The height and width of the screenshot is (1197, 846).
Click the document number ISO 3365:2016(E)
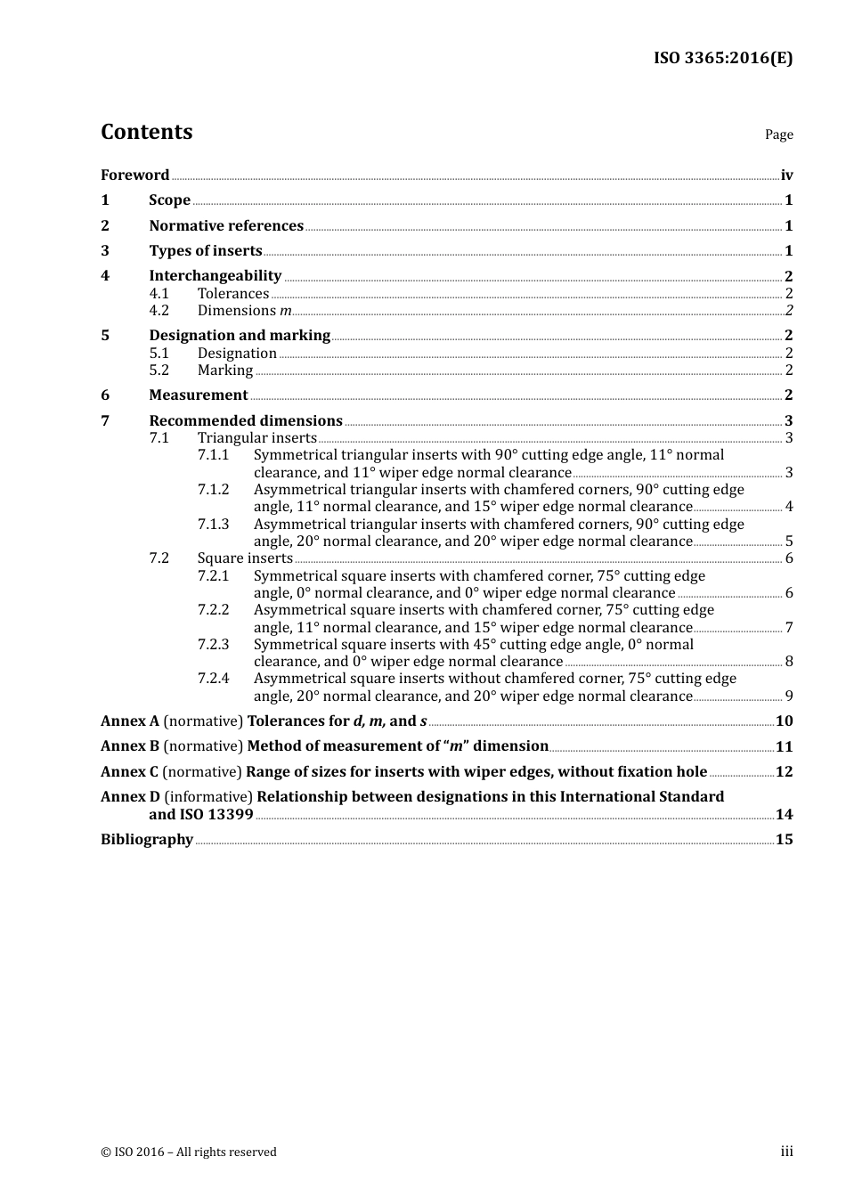(722, 58)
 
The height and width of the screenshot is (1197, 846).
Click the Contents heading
(146, 132)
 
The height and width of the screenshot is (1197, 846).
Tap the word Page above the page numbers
(778, 134)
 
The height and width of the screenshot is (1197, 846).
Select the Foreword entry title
(134, 175)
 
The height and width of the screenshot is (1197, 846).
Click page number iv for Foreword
(786, 175)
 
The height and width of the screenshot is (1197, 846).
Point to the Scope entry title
(169, 200)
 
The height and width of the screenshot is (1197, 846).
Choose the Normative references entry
(226, 226)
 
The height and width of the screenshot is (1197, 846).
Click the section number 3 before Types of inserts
(105, 251)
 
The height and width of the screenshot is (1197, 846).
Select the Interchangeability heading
(215, 276)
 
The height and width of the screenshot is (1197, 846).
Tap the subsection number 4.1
(159, 294)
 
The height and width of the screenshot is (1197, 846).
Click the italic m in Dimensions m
(285, 311)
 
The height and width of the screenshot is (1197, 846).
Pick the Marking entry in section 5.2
(224, 370)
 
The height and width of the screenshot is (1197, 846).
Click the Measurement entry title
(198, 395)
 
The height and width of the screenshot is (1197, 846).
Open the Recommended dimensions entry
(245, 420)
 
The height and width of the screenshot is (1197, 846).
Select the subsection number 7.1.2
(213, 490)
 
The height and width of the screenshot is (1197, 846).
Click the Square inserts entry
(245, 558)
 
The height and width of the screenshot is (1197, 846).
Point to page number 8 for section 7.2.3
(788, 662)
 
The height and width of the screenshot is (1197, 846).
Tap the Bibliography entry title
(147, 840)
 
